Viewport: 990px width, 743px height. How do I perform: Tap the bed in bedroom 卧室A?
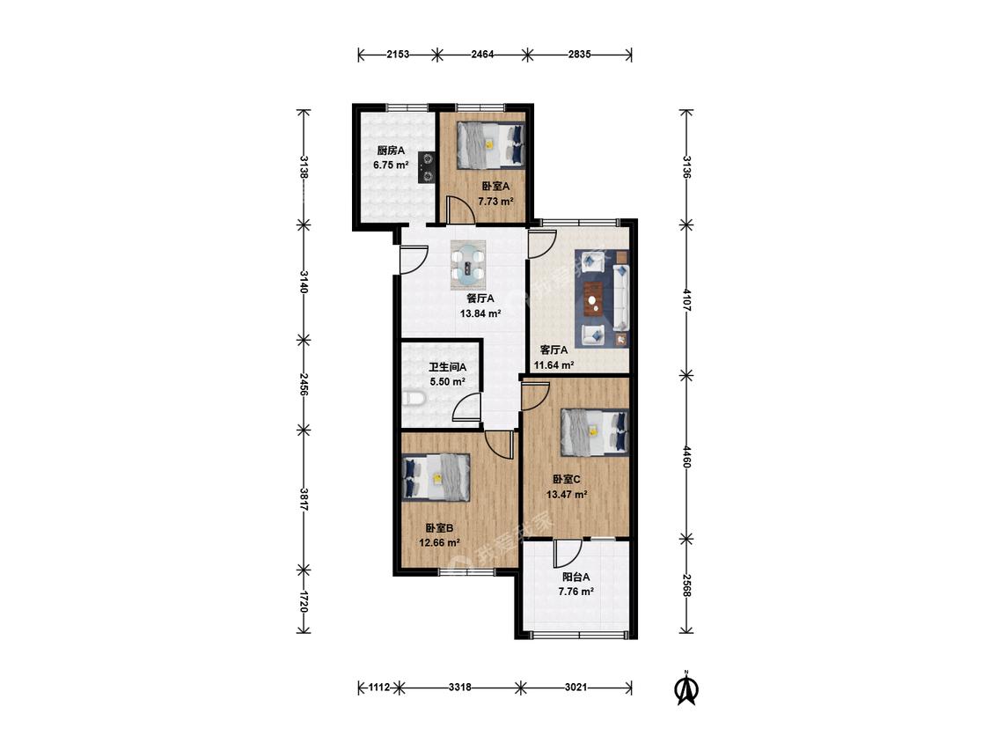pos(491,144)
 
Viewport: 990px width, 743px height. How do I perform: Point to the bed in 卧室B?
pos(436,478)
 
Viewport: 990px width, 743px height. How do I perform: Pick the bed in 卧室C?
pos(595,432)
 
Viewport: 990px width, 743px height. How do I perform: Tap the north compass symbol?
pos(686,688)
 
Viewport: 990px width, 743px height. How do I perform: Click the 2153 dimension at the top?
pos(398,55)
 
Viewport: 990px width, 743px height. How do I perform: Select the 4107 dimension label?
pos(686,299)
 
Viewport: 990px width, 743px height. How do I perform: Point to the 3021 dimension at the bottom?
pos(576,687)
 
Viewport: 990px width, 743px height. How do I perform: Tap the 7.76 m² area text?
pos(576,592)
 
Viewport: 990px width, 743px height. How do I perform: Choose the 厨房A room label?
pos(391,151)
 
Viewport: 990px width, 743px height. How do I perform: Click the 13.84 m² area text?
pos(480,313)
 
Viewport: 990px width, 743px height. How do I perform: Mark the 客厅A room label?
pos(554,350)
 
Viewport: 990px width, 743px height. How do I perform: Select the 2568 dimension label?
pos(686,585)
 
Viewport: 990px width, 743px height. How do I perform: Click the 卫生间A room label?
pos(448,367)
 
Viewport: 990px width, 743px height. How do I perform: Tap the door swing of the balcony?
pos(567,554)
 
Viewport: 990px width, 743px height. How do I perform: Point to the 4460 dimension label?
pos(686,457)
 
